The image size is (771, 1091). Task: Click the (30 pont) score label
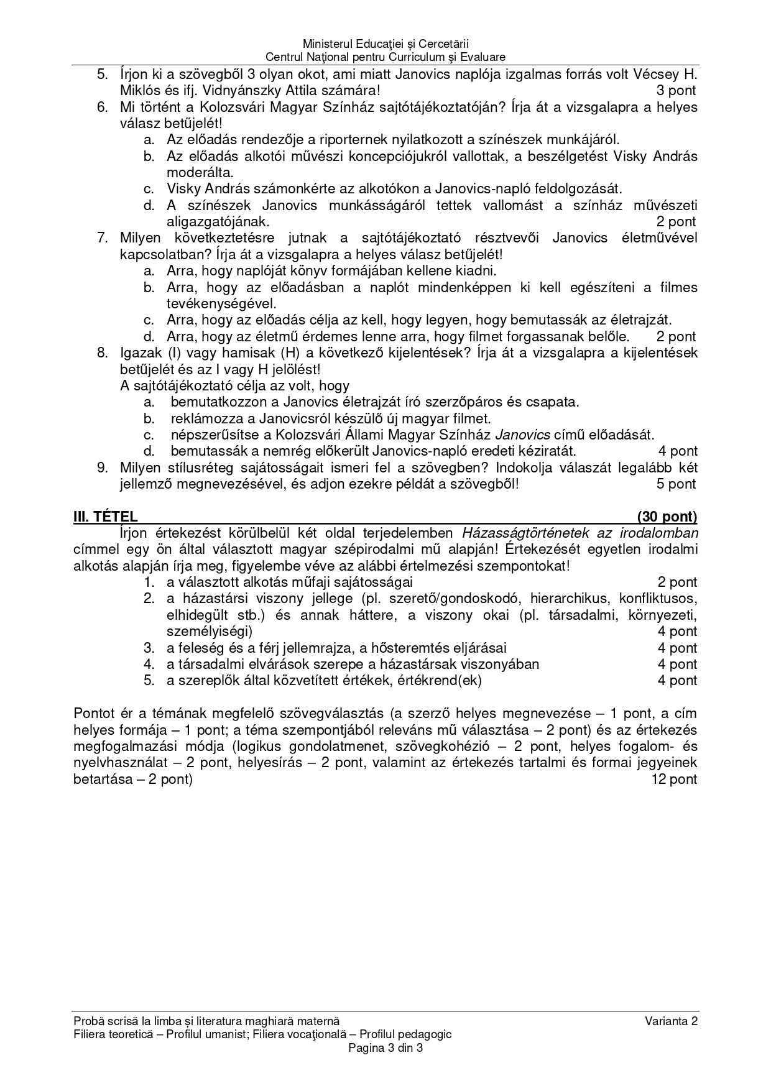667,517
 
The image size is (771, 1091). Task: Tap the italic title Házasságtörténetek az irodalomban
579,533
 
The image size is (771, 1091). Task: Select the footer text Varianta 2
672,1021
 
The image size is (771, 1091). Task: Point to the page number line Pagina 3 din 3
386,1047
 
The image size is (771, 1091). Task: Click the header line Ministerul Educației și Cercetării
386,44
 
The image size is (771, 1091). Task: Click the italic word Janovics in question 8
525,435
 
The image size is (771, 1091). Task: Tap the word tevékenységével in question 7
221,304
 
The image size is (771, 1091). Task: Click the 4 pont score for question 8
678,451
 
